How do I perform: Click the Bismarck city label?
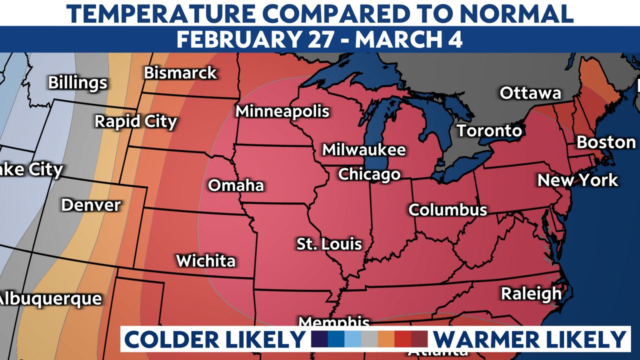point(180,73)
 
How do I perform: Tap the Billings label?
point(77,82)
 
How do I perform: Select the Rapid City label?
point(136,121)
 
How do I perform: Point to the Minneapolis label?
point(282,111)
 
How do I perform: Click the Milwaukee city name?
point(363,149)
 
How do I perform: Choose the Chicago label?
point(369,174)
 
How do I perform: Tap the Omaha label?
point(235,185)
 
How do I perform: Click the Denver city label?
point(91,205)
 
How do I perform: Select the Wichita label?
point(205,260)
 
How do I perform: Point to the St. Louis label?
point(329,244)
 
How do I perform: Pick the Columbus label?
point(447,209)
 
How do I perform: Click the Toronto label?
point(489,131)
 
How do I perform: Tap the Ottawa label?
point(530,93)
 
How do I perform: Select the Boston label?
point(606,142)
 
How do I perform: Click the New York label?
point(577,180)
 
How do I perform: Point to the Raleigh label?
point(531,294)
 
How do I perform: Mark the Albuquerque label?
point(50,299)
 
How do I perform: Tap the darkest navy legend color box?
point(319,339)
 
